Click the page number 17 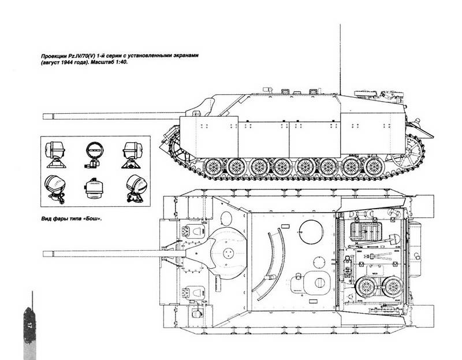coord(29,326)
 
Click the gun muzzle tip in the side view coord(43,116)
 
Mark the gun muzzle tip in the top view coord(43,254)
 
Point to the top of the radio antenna coord(340,25)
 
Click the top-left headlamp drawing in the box coord(55,154)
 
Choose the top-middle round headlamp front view coord(94,154)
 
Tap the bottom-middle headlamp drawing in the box coord(94,188)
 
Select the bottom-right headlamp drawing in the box coord(136,188)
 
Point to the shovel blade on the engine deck coord(394,239)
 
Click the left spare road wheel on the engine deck coord(366,287)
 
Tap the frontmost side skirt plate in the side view coord(209,137)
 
